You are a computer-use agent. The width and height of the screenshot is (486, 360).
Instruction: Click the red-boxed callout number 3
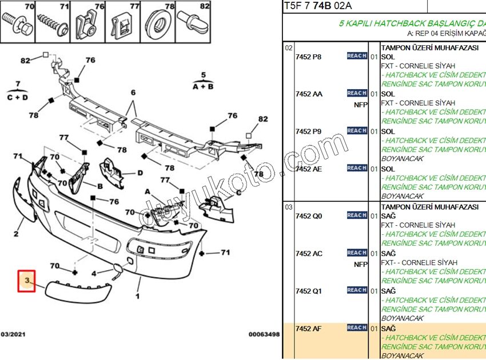26,281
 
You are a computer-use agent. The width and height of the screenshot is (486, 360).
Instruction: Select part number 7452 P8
308,57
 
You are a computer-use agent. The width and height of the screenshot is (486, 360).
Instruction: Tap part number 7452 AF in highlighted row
308,329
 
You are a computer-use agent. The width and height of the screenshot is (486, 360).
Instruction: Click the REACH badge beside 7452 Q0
357,215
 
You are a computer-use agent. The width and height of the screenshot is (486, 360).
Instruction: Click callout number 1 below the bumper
137,296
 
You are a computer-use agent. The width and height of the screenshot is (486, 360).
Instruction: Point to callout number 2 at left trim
16,233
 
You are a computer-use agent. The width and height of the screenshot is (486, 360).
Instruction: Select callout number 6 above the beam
133,93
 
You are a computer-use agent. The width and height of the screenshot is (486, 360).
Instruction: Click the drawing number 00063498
264,334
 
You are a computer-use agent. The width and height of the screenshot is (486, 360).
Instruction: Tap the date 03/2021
13,334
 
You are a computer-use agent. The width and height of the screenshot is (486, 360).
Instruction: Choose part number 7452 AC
309,254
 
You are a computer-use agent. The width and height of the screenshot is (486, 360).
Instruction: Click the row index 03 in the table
289,207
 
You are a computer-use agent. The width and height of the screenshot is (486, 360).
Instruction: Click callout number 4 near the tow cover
94,273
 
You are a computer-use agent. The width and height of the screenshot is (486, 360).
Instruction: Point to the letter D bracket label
140,172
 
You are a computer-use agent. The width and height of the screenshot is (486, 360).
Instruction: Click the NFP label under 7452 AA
360,105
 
